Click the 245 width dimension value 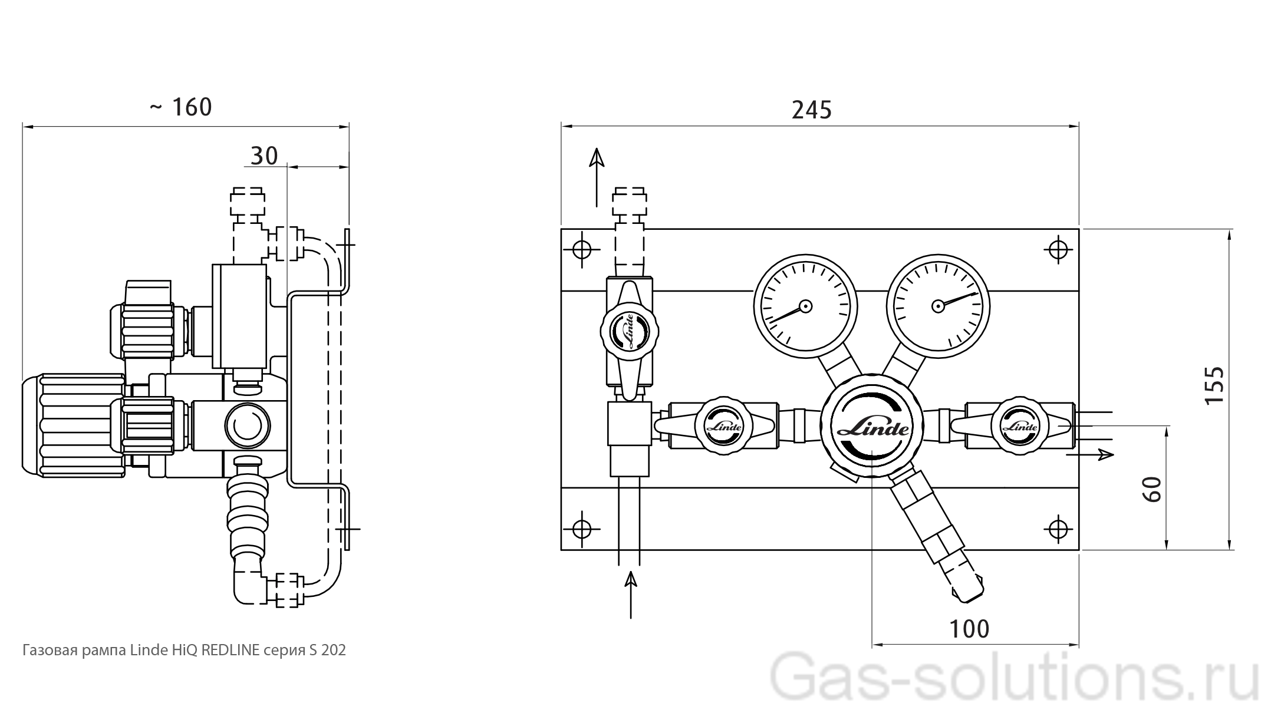811,110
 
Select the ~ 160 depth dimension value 180,107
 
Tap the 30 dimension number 264,156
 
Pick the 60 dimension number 1152,489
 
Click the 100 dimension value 969,629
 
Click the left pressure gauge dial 805,306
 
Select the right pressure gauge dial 938,306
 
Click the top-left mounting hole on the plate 582,250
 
